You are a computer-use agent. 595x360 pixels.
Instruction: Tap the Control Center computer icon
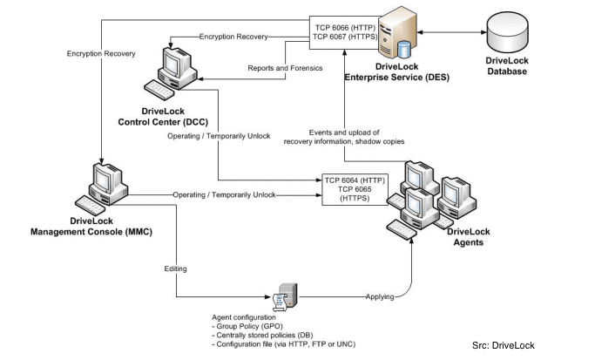click(x=173, y=70)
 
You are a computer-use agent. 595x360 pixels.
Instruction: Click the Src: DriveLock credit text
click(x=503, y=346)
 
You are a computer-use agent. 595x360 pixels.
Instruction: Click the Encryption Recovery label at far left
click(x=101, y=54)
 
